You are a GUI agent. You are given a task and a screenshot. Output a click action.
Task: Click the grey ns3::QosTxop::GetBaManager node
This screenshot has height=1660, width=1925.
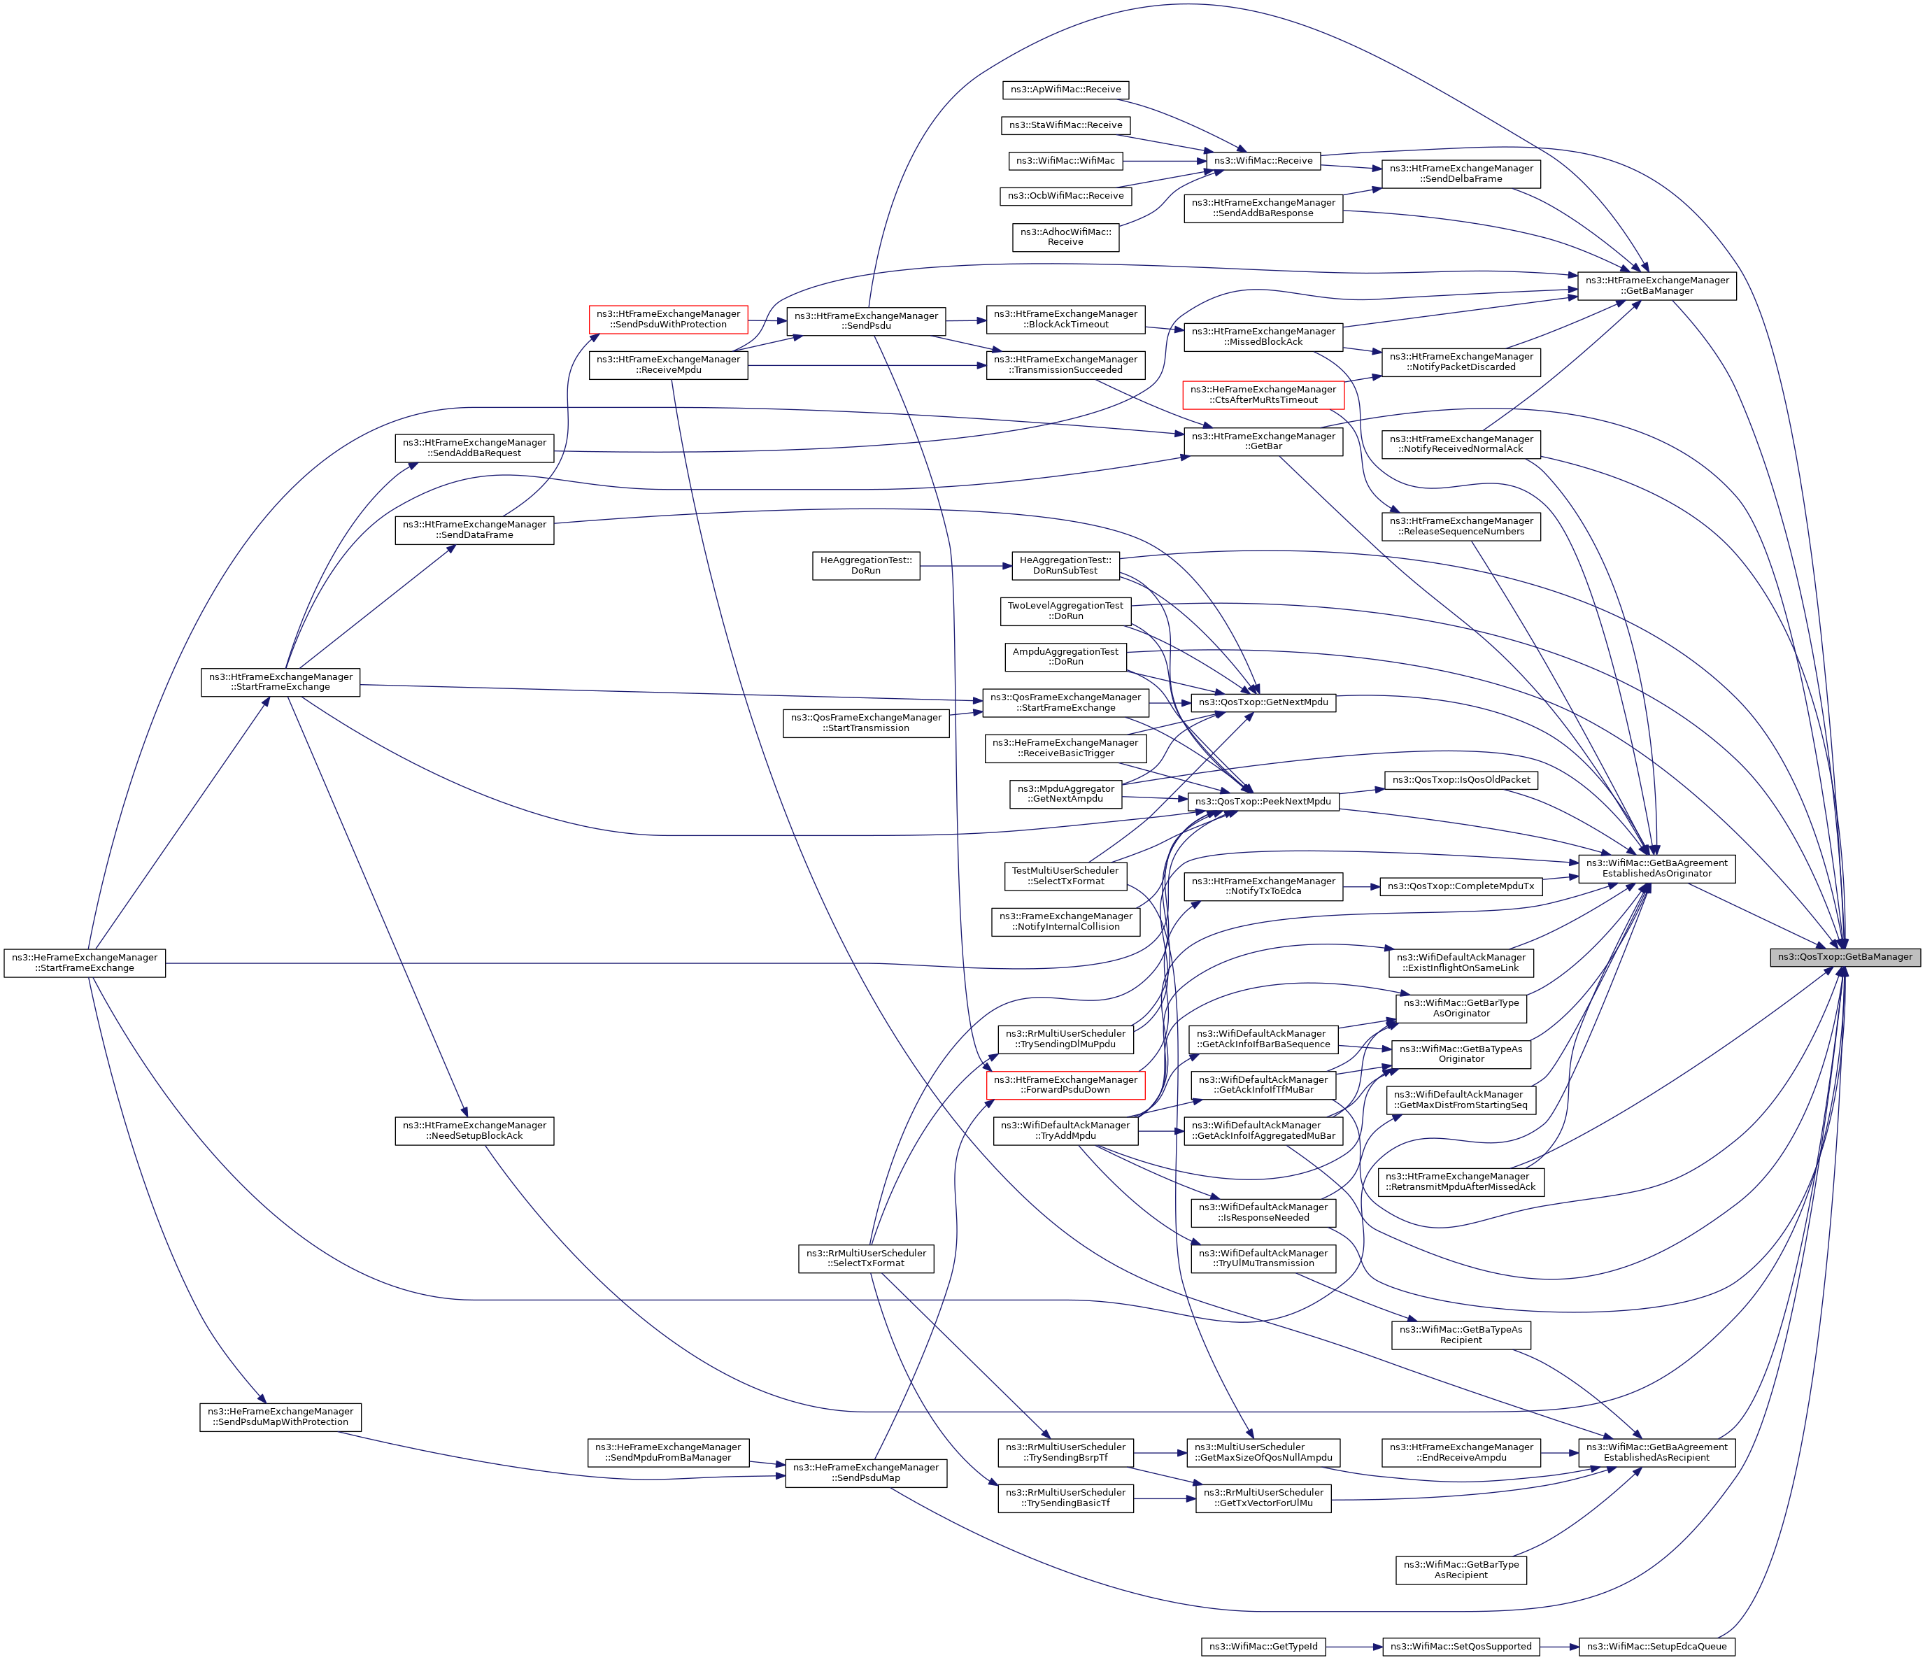(1844, 957)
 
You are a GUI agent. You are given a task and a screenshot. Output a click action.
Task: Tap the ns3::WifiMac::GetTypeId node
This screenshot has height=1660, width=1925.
(1263, 1646)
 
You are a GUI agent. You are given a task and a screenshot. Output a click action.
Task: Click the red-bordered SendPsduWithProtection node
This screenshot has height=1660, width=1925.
(669, 318)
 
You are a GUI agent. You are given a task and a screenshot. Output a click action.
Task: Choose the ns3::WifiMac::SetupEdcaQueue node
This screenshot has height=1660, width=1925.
(1656, 1646)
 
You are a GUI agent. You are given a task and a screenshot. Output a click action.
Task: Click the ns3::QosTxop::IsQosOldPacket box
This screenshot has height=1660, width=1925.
(1461, 779)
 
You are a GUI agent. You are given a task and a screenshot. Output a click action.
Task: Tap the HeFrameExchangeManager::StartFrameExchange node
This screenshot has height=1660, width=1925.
(85, 963)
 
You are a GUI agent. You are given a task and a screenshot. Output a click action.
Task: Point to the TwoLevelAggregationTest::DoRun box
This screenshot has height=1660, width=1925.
(1065, 610)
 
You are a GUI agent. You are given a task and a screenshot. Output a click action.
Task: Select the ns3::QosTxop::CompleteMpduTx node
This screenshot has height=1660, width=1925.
(1461, 886)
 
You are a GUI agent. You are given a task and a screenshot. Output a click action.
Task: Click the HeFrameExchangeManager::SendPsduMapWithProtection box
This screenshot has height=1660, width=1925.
(280, 1417)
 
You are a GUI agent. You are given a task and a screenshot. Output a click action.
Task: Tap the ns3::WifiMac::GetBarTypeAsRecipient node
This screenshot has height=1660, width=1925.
(1461, 1570)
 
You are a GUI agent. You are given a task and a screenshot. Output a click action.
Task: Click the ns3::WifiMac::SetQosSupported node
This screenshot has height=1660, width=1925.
(1461, 1646)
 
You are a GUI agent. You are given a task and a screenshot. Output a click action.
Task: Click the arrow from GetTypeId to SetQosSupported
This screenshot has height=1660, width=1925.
(1354, 1646)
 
